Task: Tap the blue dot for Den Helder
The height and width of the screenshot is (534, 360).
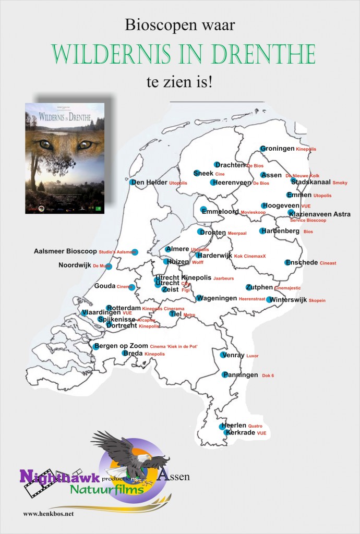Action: (x=132, y=183)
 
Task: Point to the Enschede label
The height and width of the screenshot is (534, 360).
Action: (x=305, y=262)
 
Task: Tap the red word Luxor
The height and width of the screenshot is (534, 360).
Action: (x=253, y=356)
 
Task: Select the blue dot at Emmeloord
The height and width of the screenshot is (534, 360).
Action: (x=203, y=210)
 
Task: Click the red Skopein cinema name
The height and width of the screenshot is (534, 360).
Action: (x=317, y=301)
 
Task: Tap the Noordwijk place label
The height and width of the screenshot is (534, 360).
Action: (x=75, y=265)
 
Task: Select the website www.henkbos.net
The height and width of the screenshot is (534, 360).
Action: (x=49, y=514)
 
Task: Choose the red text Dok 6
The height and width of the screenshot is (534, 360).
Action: (x=268, y=375)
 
